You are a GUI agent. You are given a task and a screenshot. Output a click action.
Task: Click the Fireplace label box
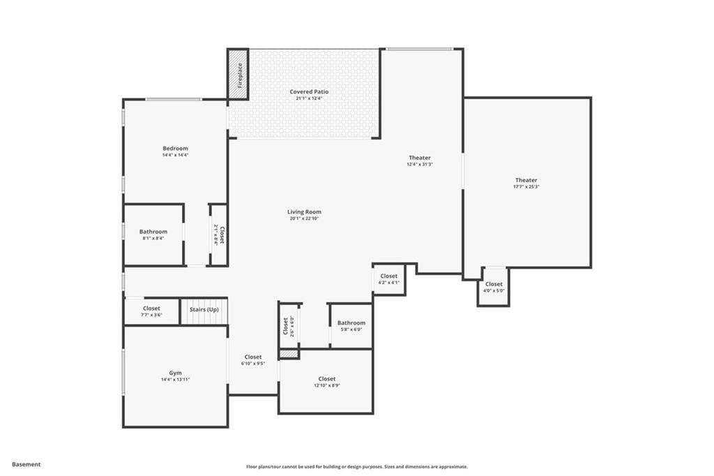coord(238,74)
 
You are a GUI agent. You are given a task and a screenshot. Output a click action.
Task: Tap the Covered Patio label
coord(309,91)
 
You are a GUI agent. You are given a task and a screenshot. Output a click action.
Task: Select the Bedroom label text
coord(175,148)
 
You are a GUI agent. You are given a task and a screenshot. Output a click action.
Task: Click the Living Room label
coord(304,211)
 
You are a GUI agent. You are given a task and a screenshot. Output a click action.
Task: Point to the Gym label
coord(175,373)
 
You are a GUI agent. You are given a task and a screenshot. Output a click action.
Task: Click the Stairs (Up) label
coord(204,308)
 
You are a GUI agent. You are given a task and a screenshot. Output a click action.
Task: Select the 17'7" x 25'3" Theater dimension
coord(526,187)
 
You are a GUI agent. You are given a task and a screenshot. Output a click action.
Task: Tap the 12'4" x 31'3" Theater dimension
coord(420,165)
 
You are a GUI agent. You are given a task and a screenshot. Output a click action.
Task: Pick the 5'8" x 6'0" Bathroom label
coord(351,323)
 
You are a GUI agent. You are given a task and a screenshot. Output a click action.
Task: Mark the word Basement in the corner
coord(26,464)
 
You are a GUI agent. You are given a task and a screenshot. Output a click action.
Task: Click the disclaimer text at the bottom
coord(356,467)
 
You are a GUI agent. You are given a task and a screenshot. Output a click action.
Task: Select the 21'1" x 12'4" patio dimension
coord(309,98)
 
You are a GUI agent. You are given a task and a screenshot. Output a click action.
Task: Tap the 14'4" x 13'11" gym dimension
coord(175,380)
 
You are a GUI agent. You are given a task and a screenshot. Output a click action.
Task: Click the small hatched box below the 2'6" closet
coord(289,355)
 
